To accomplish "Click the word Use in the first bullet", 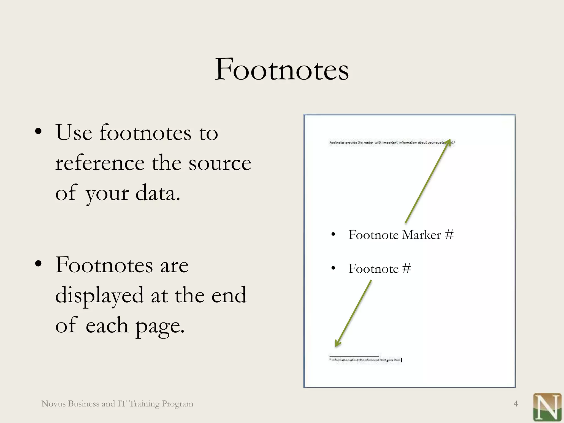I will pyautogui.click(x=74, y=133).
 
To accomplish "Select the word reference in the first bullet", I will pyautogui.click(x=100, y=163).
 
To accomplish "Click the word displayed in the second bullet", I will pyautogui.click(x=99, y=295).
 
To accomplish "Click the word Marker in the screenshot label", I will pyautogui.click(x=421, y=235).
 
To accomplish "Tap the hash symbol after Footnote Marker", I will pyautogui.click(x=449, y=235).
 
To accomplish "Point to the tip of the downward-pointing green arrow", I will pyautogui.click(x=336, y=346).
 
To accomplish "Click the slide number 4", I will pyautogui.click(x=516, y=404).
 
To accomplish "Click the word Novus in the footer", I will pyautogui.click(x=53, y=404).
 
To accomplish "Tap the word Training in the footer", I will pyautogui.click(x=144, y=404).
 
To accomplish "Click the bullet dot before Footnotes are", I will pyautogui.click(x=39, y=264).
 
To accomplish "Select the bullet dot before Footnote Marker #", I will pyautogui.click(x=333, y=235).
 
